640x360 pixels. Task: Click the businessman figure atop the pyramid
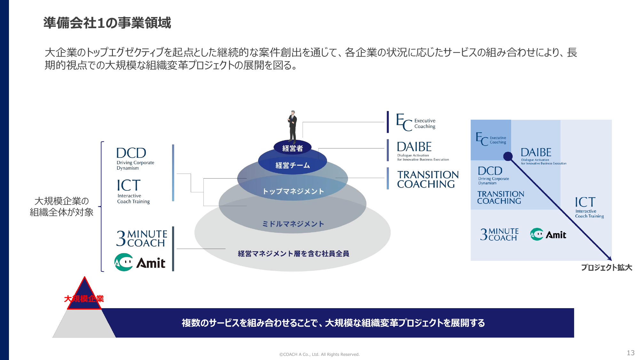click(292, 127)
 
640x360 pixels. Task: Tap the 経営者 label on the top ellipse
click(292, 148)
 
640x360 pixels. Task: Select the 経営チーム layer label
click(293, 165)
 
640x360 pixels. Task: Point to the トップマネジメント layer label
click(293, 191)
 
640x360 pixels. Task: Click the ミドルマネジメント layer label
click(293, 224)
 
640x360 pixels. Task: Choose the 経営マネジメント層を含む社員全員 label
click(293, 254)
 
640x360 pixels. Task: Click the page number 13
click(630, 353)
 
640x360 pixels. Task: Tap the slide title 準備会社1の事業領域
click(107, 23)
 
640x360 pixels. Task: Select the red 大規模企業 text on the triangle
click(84, 299)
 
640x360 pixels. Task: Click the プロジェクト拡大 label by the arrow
click(606, 268)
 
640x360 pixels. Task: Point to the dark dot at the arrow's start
click(508, 156)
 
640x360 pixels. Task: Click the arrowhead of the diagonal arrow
click(610, 259)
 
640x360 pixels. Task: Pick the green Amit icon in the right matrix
click(537, 235)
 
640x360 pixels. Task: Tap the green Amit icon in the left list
click(123, 262)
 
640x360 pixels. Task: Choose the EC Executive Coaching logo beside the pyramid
click(416, 123)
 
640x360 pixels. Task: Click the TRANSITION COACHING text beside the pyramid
click(428, 179)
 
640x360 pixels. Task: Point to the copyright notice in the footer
click(319, 354)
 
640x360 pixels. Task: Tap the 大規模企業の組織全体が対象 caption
click(62, 206)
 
